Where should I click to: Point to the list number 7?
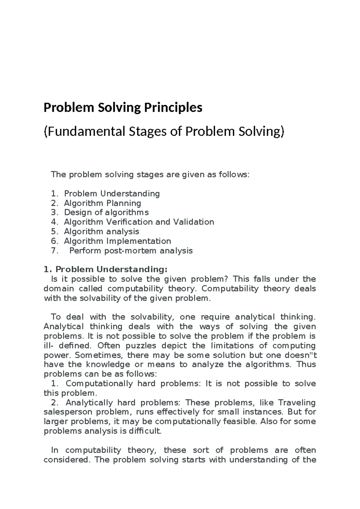click(54, 251)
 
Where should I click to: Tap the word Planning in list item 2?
click(124, 203)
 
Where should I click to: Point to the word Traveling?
click(297, 402)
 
